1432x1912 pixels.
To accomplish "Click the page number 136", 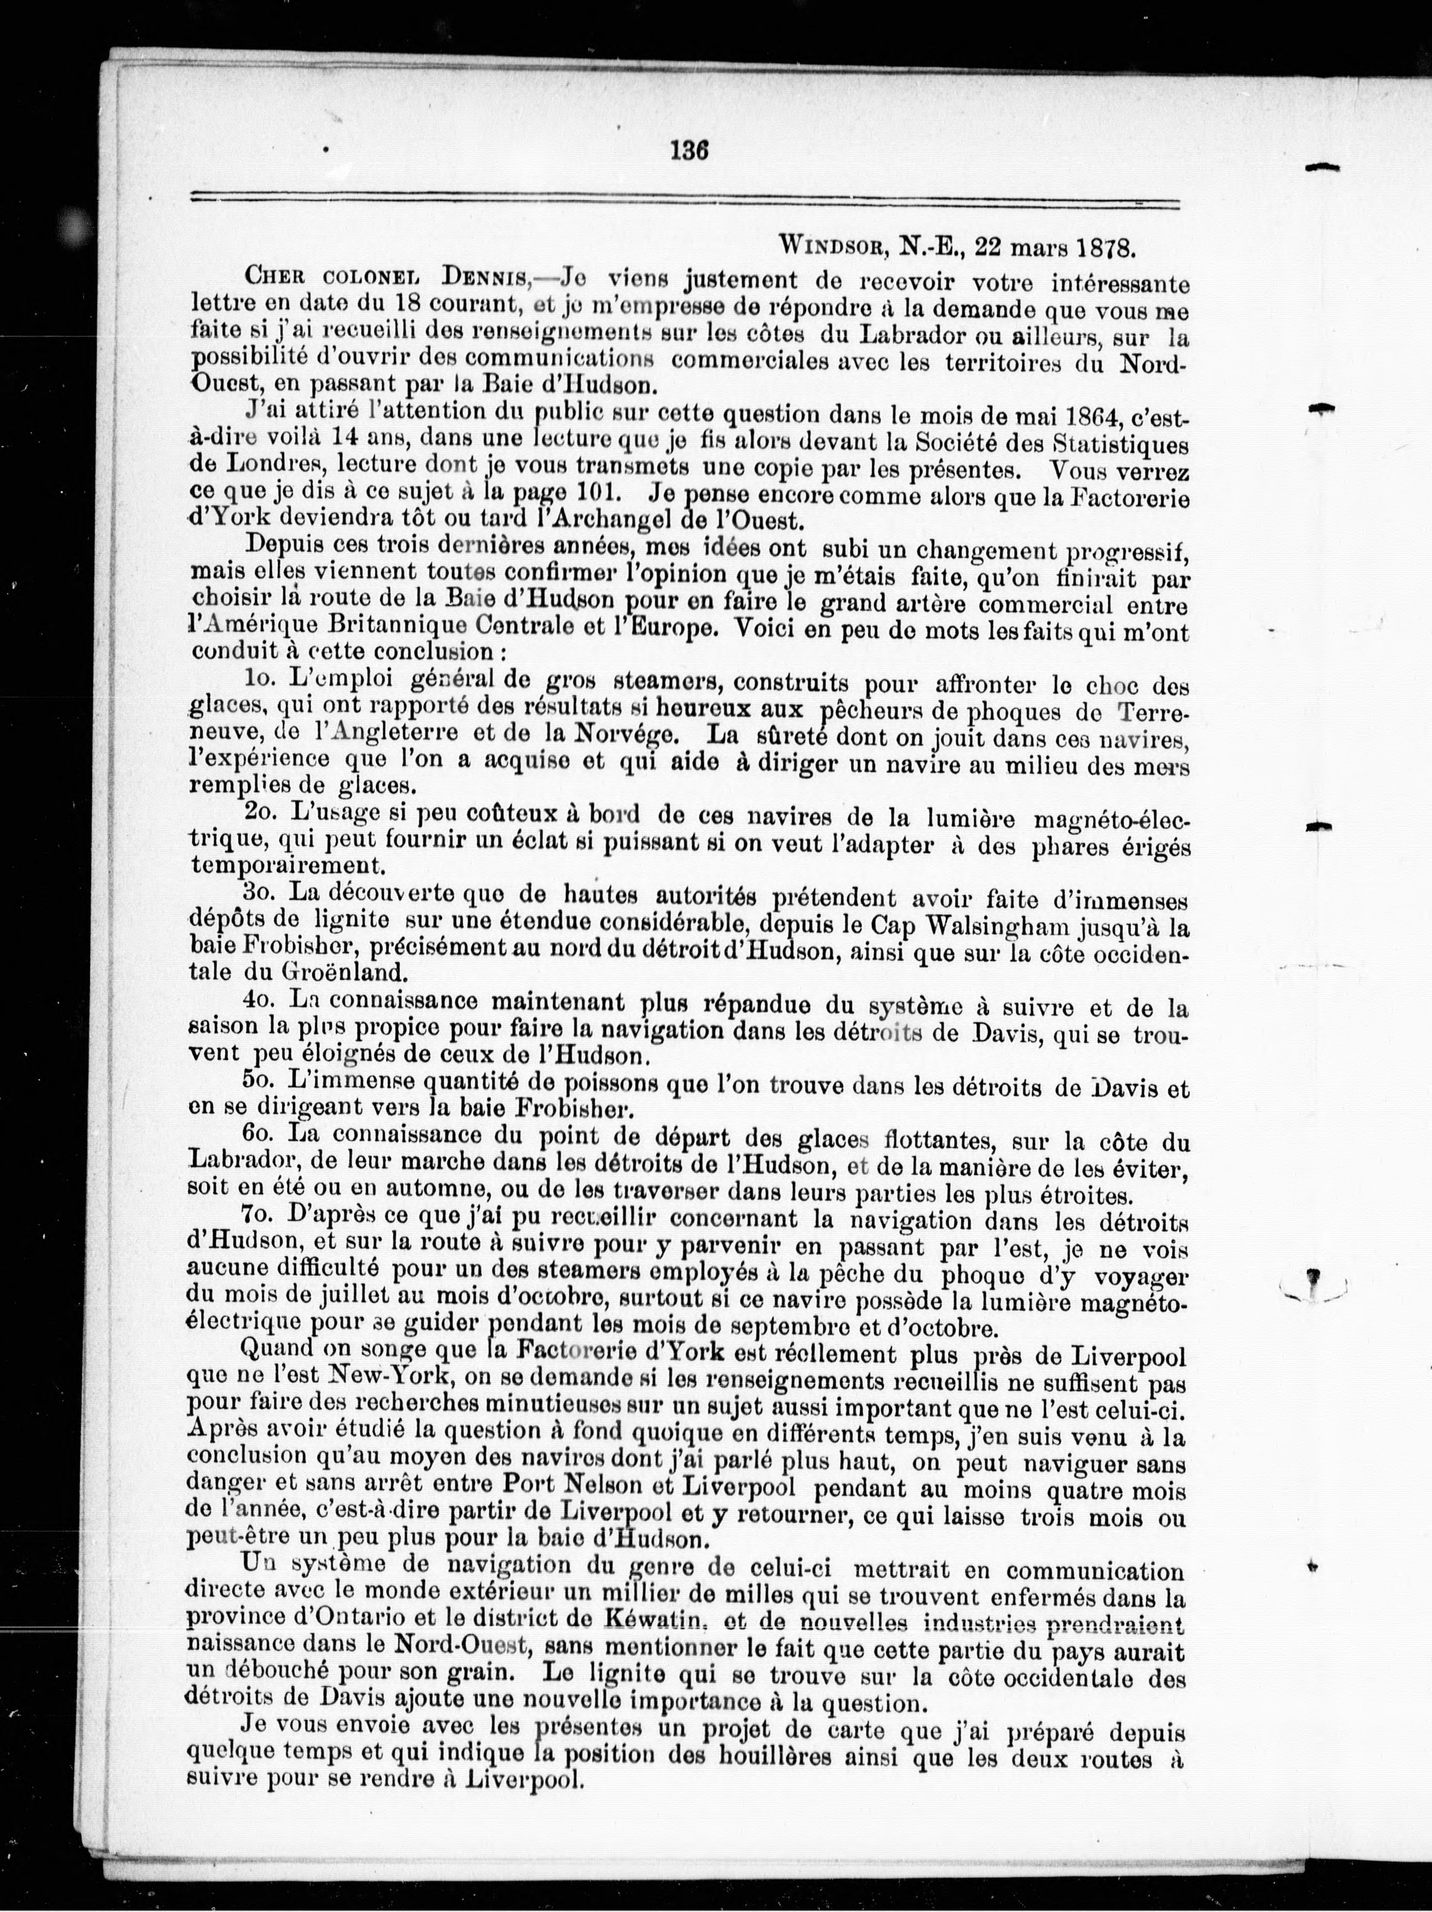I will point(690,150).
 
